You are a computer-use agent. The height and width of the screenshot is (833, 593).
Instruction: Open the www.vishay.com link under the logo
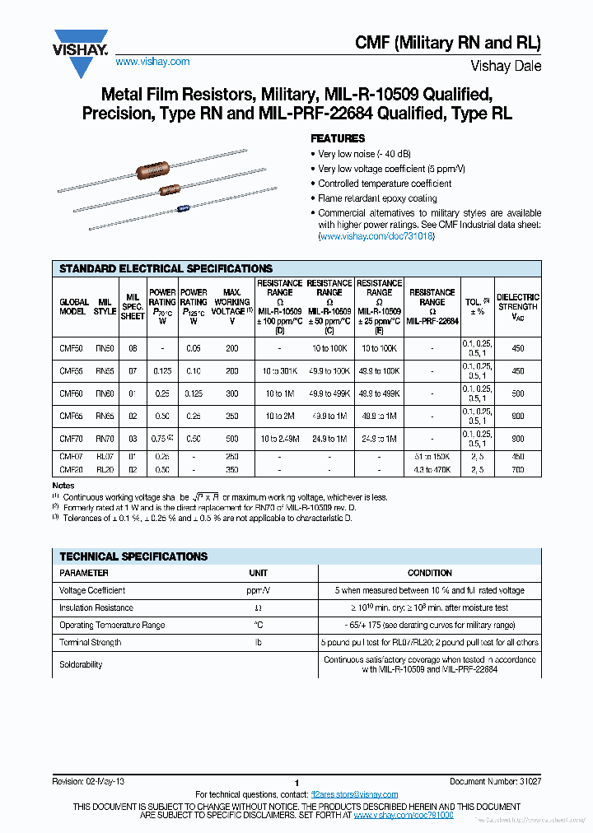click(x=152, y=62)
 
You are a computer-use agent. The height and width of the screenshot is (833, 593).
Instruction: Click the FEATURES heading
click(x=338, y=138)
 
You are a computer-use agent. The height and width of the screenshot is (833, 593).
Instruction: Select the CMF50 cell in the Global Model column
click(x=72, y=348)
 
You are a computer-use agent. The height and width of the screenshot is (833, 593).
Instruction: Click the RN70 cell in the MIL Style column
click(x=105, y=439)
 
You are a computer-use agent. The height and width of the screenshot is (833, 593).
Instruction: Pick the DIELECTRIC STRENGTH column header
click(x=517, y=306)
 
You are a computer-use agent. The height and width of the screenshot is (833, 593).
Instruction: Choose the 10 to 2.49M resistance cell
click(x=279, y=439)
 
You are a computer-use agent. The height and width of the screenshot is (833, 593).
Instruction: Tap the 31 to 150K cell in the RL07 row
click(x=432, y=456)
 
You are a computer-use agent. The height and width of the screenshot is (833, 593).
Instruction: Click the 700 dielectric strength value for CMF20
click(x=517, y=470)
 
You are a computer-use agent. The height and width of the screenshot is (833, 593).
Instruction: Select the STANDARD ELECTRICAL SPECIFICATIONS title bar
click(x=166, y=268)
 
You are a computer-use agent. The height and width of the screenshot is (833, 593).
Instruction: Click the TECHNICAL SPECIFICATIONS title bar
click(x=133, y=556)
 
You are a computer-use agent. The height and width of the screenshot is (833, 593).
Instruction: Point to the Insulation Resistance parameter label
click(x=96, y=607)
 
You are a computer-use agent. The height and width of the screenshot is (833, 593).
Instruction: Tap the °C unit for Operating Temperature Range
click(x=258, y=625)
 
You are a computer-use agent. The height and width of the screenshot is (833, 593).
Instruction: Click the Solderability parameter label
click(x=81, y=664)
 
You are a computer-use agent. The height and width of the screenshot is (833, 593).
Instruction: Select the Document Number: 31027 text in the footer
click(x=495, y=781)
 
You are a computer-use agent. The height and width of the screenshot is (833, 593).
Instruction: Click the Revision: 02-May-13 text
click(x=88, y=781)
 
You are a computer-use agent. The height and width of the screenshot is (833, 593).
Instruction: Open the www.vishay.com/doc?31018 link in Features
click(x=376, y=236)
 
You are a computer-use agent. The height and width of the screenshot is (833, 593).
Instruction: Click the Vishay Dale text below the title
click(x=506, y=66)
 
